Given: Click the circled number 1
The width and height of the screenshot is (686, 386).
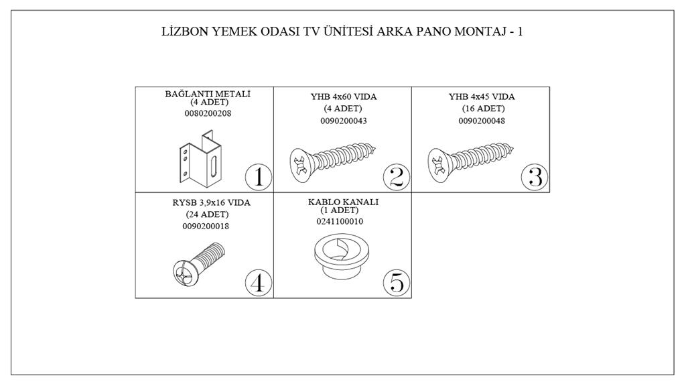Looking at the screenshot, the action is [x=259, y=177].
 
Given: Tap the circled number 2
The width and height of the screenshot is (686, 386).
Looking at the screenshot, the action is [x=397, y=177].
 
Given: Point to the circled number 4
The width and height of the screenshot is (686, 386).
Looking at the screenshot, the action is [x=259, y=283].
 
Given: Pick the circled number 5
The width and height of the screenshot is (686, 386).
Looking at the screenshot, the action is [x=397, y=283].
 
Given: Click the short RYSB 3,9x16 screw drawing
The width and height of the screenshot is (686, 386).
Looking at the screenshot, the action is [x=199, y=265].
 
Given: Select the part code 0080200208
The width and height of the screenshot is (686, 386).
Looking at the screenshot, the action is [x=208, y=113].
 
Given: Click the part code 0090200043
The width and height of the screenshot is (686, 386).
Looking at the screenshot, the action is [x=344, y=121].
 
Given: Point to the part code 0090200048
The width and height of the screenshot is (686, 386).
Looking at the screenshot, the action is [x=482, y=121].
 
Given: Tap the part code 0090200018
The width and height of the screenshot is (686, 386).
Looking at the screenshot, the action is [x=206, y=227].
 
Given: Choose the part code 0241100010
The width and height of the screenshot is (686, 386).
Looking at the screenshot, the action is [x=340, y=221].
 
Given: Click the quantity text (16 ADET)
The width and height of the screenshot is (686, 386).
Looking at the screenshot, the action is [x=483, y=109].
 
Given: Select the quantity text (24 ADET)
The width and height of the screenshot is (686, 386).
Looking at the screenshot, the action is [x=207, y=214].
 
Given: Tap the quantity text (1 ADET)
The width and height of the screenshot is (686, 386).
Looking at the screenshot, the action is [x=340, y=210].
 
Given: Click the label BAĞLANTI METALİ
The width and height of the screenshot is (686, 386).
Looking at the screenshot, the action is [x=208, y=94].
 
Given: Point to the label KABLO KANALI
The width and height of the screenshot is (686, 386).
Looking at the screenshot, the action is [x=344, y=202].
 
